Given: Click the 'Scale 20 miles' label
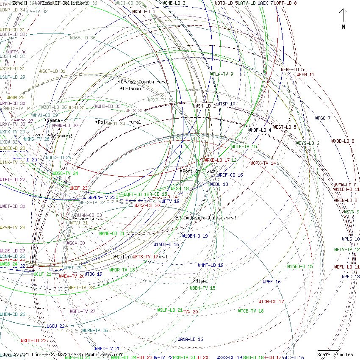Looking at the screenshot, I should click(x=335, y=354).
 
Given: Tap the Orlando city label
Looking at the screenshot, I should click(x=131, y=89).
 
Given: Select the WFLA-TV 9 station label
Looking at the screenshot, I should click(x=222, y=75).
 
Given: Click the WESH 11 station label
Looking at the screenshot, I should click(x=305, y=75).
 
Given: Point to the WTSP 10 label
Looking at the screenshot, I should click(x=226, y=104).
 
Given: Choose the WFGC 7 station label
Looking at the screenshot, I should click(x=323, y=118).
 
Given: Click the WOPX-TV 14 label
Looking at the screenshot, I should click(x=263, y=163).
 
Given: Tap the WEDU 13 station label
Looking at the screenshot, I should click(x=219, y=184).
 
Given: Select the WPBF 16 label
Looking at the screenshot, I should click(x=271, y=282).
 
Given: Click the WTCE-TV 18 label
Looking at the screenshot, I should click(x=251, y=311).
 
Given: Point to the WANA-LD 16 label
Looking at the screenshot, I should click(x=190, y=339).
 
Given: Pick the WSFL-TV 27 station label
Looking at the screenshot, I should click(x=83, y=311).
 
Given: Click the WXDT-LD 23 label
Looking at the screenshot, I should click(x=33, y=341).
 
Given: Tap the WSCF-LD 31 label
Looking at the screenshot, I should click(x=53, y=72).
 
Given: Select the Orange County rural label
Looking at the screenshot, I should click(x=144, y=82).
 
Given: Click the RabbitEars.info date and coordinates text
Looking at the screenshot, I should click(x=64, y=354).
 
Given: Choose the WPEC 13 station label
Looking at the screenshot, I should click(x=351, y=277).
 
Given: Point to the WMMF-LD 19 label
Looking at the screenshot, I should click(x=210, y=265).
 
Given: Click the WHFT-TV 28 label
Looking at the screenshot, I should click(x=81, y=288).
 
